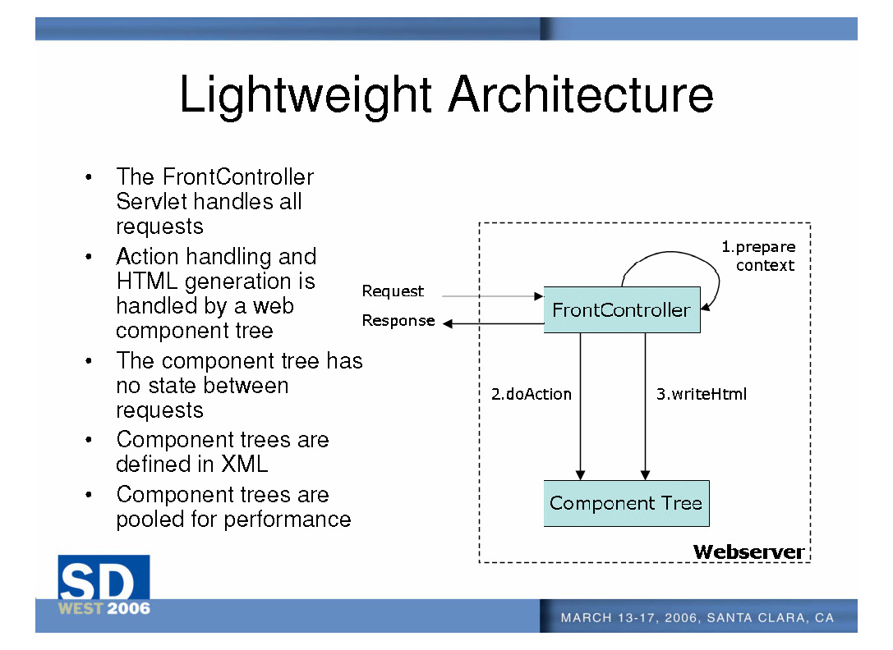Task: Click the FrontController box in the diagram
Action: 621,309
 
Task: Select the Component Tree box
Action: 626,503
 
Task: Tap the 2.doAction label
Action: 531,394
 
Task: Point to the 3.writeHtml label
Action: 701,394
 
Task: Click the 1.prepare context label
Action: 759,255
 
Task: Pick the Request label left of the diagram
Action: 393,291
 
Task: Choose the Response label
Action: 398,320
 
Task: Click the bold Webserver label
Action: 748,552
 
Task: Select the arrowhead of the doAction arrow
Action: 581,474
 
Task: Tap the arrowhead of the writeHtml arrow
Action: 646,474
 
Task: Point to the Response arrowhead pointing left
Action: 448,323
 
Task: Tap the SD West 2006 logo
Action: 104,585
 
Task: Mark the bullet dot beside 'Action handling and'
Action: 87,258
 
